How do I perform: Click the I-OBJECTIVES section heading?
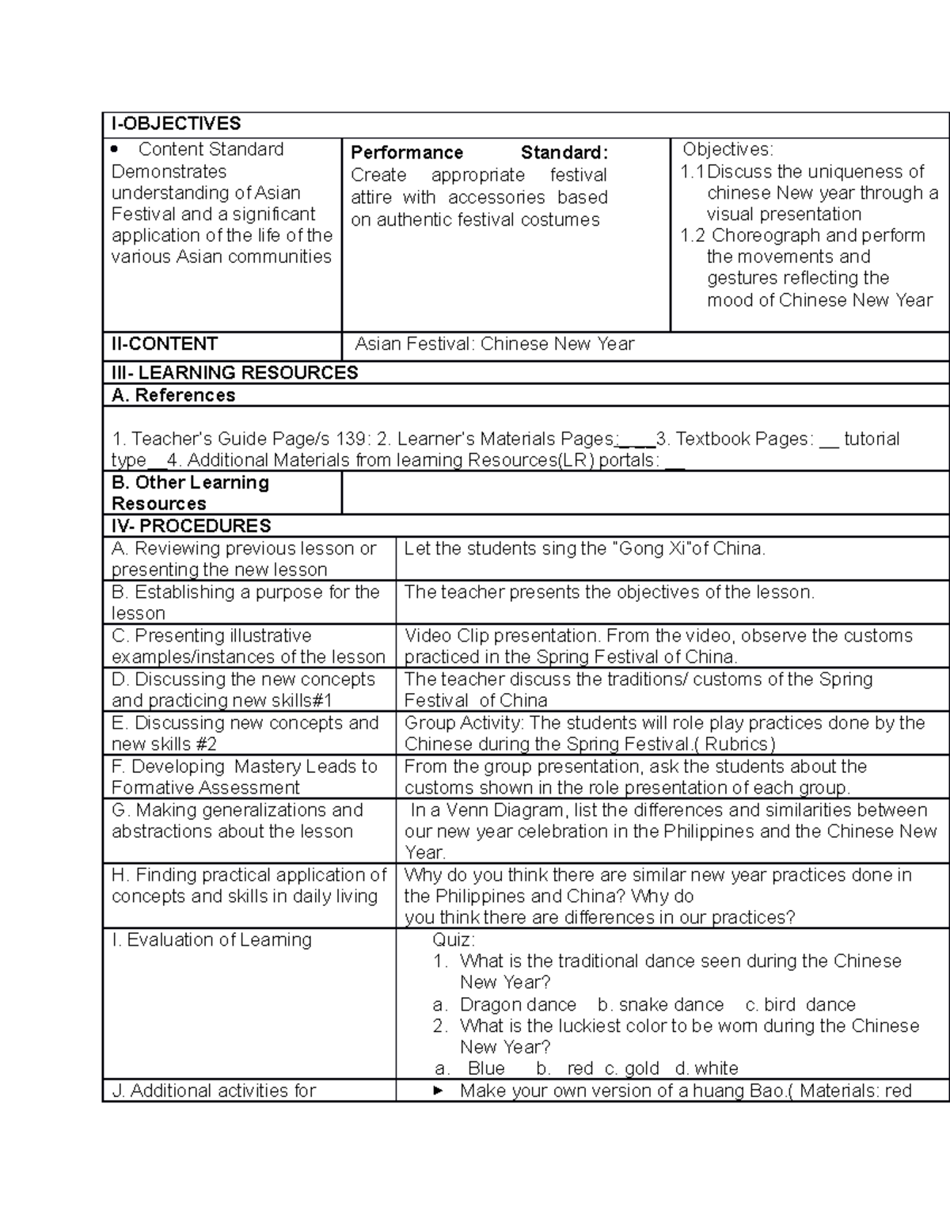pos(176,124)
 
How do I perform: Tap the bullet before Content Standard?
pos(116,149)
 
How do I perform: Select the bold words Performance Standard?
pos(479,152)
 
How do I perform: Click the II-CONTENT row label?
pos(164,344)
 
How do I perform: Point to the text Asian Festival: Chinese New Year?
pos(495,344)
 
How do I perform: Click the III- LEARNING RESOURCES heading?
pos(234,372)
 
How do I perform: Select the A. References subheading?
pos(173,395)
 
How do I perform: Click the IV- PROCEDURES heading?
pos(191,526)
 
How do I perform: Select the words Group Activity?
pos(464,722)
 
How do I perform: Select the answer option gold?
pos(641,1068)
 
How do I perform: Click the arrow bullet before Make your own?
pos(437,1091)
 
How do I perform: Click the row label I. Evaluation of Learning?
pos(211,939)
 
